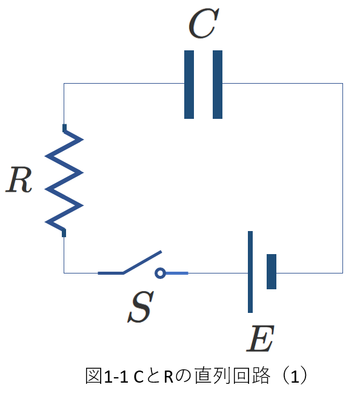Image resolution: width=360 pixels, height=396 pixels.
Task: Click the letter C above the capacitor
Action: tap(204, 23)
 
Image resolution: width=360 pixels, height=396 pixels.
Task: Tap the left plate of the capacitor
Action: tap(189, 84)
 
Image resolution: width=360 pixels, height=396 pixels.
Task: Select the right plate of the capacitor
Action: tap(218, 84)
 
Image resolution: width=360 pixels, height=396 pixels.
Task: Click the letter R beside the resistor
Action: tap(19, 180)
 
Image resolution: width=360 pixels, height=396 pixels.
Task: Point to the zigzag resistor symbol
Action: tap(64, 180)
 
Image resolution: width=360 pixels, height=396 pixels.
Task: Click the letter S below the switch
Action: tap(141, 307)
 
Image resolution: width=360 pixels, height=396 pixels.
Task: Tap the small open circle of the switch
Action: tap(160, 273)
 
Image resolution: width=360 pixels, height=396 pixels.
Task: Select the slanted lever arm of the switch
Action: tap(142, 262)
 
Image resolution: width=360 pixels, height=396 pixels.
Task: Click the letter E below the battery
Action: tap(260, 338)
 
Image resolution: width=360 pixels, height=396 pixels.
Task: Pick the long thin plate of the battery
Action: tap(250, 272)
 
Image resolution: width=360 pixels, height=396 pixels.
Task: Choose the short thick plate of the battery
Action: tap(272, 272)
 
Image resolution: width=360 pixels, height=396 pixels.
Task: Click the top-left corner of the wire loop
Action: tap(64, 83)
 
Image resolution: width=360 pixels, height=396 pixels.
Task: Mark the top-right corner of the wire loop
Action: tap(342, 83)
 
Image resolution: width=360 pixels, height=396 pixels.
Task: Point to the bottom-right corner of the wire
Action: tap(342, 273)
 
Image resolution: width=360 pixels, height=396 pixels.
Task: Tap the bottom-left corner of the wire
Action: tap(64, 273)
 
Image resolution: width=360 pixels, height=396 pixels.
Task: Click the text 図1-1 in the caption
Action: tap(107, 376)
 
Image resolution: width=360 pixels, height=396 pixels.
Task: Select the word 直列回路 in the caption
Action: tap(233, 376)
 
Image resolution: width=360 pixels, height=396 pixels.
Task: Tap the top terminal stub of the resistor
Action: tap(64, 128)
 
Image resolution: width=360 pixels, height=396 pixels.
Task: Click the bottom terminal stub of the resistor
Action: tap(64, 233)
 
